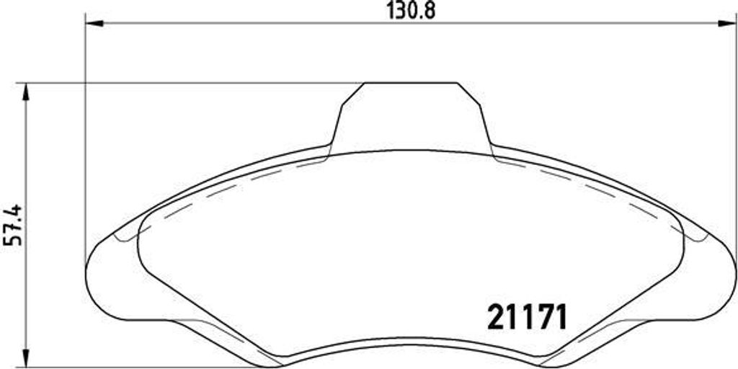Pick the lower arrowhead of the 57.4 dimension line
27,360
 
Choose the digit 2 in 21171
497,316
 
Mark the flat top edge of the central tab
409,83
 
